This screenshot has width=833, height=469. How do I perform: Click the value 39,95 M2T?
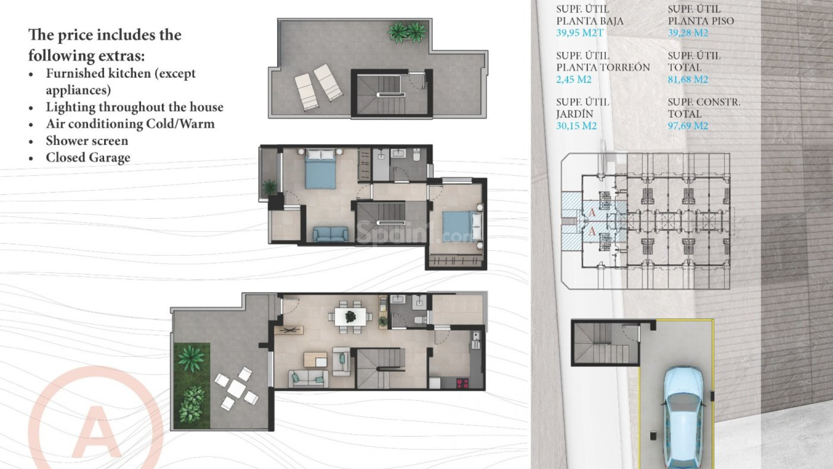580,33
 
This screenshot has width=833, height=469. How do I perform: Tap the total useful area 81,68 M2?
688,79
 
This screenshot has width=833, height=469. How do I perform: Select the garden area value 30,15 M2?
576,126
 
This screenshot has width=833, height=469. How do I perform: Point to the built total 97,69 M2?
688,126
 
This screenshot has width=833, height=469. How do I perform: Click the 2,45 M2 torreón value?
574,79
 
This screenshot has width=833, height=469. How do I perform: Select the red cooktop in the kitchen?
462,383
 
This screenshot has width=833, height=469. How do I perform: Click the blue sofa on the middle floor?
330,234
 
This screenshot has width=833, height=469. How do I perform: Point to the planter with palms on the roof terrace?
407,33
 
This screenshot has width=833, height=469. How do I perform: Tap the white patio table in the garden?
237,389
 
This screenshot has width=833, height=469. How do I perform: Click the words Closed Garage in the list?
88,158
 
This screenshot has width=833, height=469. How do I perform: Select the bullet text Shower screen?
87,141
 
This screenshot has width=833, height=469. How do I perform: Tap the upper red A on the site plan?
592,213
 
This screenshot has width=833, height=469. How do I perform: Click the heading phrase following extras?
86,56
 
